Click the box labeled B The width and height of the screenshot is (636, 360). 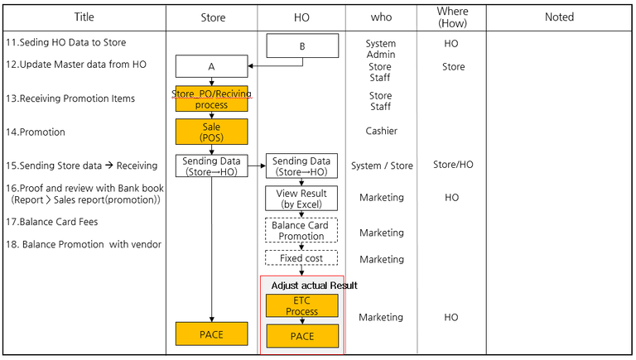pos(302,46)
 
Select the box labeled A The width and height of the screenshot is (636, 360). pos(211,66)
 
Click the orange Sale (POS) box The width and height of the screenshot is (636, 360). pos(211,132)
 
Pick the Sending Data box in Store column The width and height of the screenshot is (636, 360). pos(211,166)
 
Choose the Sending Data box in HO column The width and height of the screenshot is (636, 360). pos(301,166)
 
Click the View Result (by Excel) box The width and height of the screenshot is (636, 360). pos(301,199)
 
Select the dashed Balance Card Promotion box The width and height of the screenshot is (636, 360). pos(301,230)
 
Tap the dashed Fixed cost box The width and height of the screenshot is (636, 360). pos(301,258)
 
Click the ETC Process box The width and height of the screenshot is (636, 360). pos(301,306)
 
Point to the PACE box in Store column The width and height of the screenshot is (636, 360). pos(211,334)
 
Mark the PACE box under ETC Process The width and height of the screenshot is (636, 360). pos(301,336)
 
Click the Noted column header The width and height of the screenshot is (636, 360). pos(559,17)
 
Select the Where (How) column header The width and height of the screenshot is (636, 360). pos(451,17)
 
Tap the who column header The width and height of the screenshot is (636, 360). pos(382,17)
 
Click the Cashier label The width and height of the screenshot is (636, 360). pos(381,131)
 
